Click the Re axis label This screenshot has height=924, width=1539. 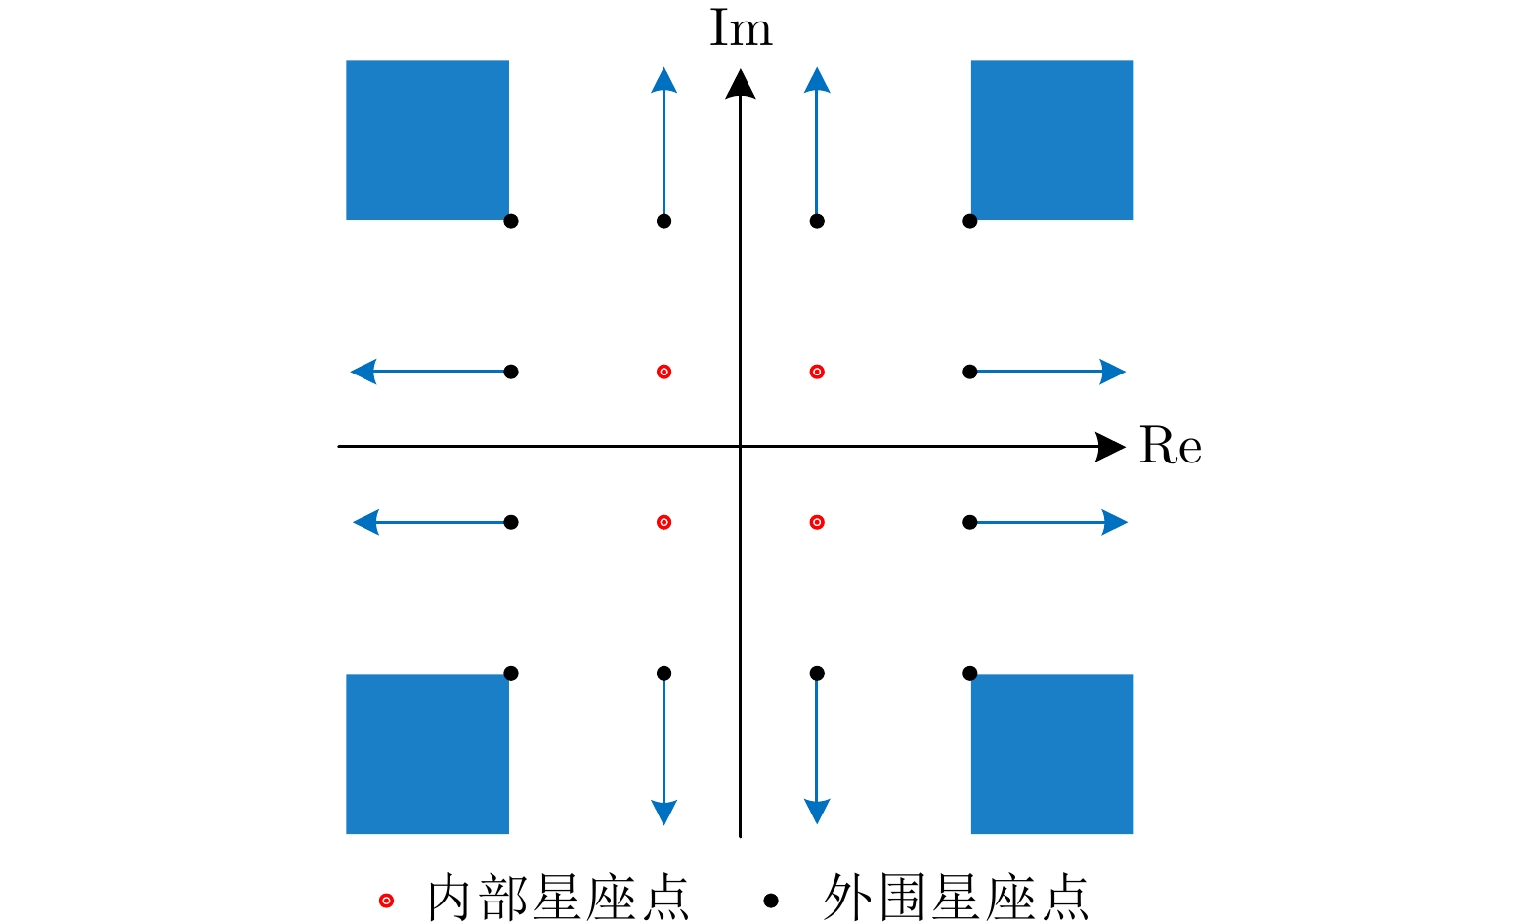[1170, 447]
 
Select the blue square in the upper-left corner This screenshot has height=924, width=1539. [427, 140]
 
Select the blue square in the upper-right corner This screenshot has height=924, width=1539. [1051, 140]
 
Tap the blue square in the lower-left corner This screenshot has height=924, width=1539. [427, 754]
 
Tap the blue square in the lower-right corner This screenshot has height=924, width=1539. [1051, 754]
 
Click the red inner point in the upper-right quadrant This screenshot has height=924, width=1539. [817, 372]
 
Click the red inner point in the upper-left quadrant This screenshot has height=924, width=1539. [663, 372]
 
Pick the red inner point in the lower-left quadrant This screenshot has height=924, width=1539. [663, 522]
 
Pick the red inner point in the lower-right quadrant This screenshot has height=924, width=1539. [817, 522]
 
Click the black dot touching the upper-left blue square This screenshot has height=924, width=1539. [510, 221]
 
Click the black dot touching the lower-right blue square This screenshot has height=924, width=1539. [969, 673]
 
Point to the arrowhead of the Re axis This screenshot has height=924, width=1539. [1112, 447]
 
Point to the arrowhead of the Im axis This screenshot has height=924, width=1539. [741, 84]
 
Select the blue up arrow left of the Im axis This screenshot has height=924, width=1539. [663, 147]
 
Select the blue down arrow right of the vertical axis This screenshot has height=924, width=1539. [817, 748]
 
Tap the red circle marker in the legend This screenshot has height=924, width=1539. [386, 900]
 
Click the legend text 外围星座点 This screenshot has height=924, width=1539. [955, 898]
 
